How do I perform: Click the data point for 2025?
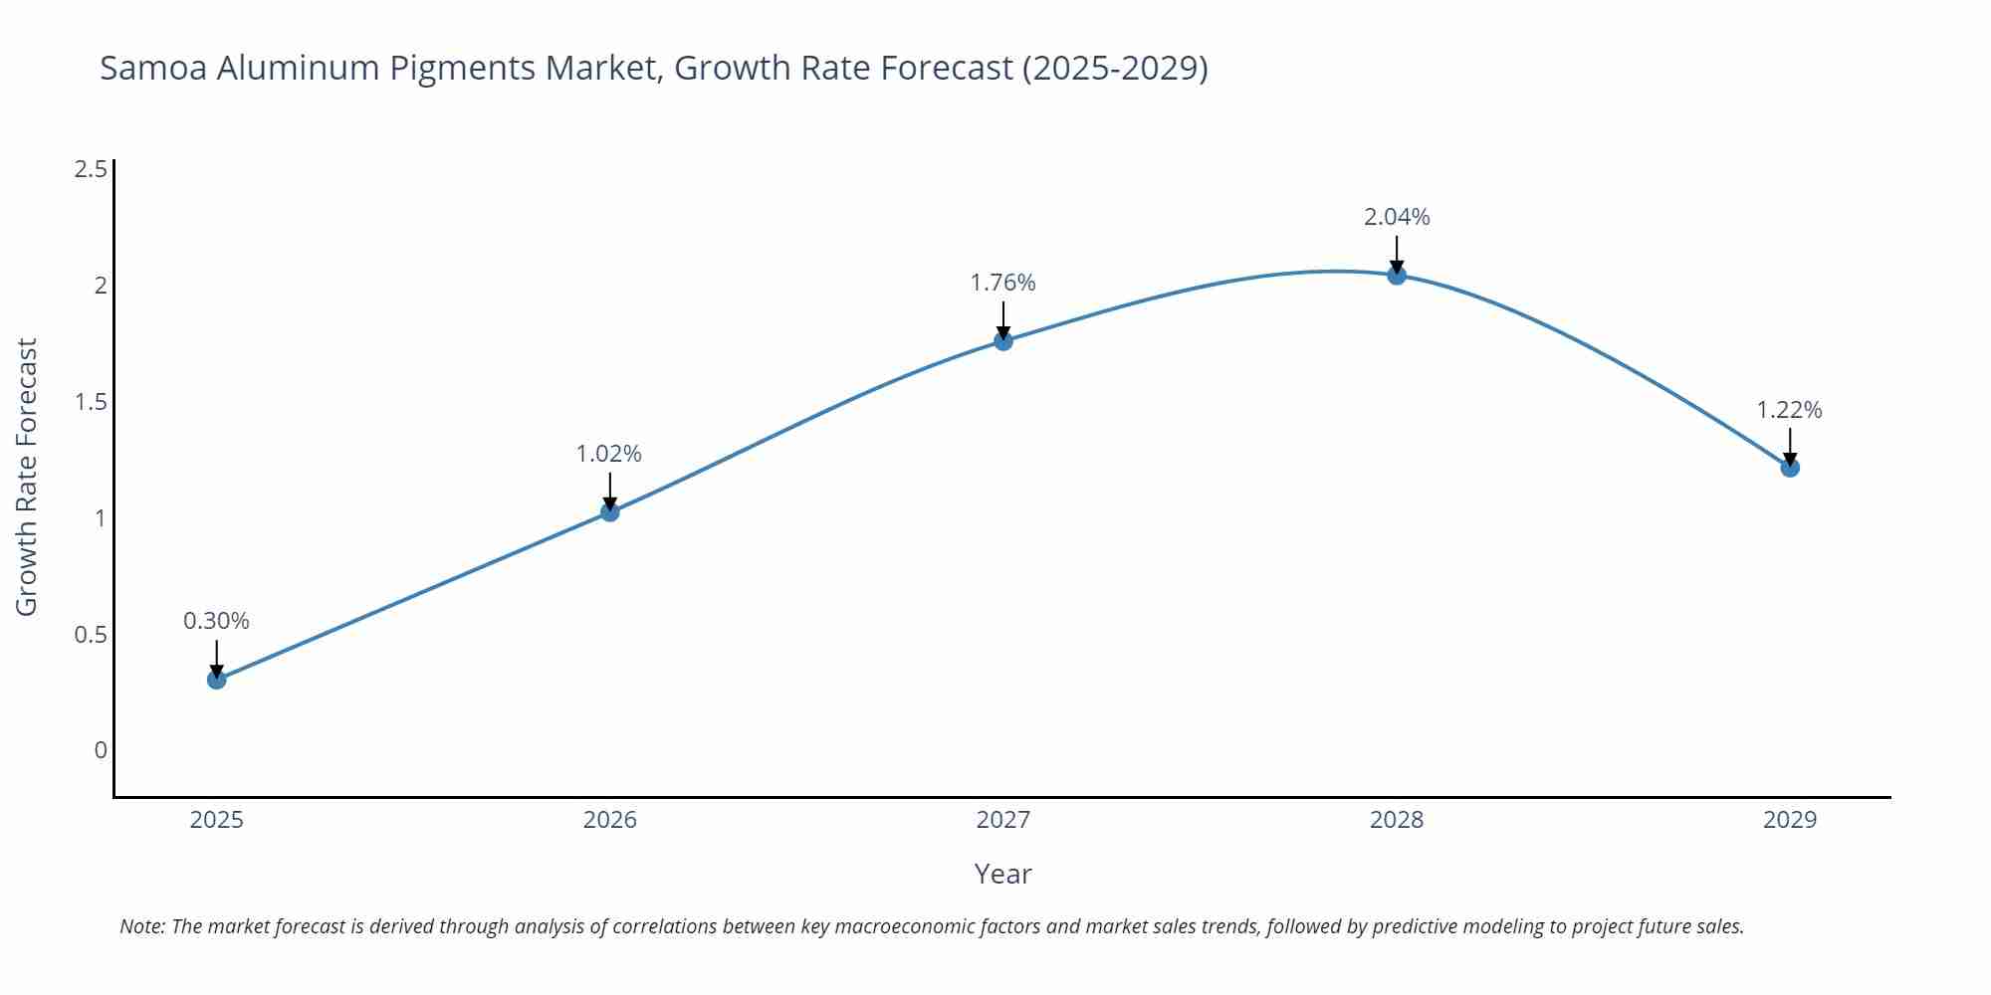point(217,680)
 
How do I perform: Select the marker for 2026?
point(610,511)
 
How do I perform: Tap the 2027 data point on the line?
point(1003,341)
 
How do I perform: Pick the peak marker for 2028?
point(1397,276)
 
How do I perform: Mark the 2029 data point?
point(1790,467)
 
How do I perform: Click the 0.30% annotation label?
point(216,621)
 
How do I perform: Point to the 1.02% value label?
point(609,454)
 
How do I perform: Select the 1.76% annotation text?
point(1002,283)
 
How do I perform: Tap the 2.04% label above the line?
point(1397,217)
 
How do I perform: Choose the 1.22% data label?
point(1789,410)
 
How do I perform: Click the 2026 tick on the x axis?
point(610,820)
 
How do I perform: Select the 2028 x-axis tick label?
point(1397,820)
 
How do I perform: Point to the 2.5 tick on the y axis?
point(92,169)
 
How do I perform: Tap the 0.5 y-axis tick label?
point(92,635)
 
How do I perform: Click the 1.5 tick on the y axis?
point(92,402)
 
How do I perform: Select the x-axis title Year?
point(1002,874)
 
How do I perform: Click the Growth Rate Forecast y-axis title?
point(27,477)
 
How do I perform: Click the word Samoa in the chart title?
point(153,68)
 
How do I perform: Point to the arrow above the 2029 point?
point(1790,446)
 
